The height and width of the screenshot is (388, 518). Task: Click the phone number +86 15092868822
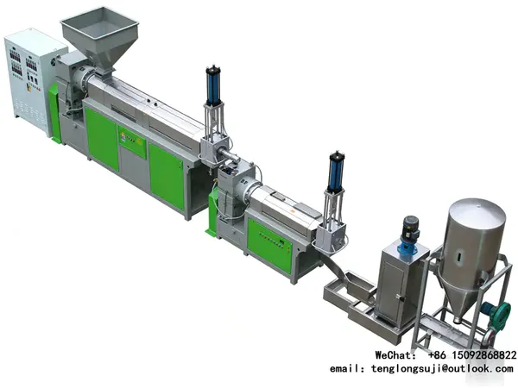(472, 355)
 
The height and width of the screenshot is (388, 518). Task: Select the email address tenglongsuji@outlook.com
(442, 368)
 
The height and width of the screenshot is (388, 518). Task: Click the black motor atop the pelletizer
(410, 228)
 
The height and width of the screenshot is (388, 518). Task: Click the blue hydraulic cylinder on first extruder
(214, 84)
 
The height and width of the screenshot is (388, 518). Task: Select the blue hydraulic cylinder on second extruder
(335, 172)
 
